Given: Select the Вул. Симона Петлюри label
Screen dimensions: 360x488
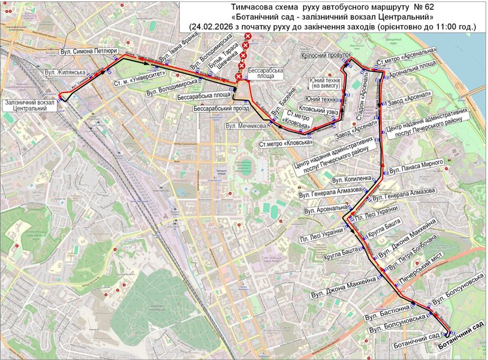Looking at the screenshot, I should tap(89, 52).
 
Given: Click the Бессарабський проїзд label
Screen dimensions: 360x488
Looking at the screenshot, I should tap(221, 110).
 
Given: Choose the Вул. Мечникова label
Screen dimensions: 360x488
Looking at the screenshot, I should tap(246, 127).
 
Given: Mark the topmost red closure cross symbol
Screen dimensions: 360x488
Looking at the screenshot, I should tap(247, 37).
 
